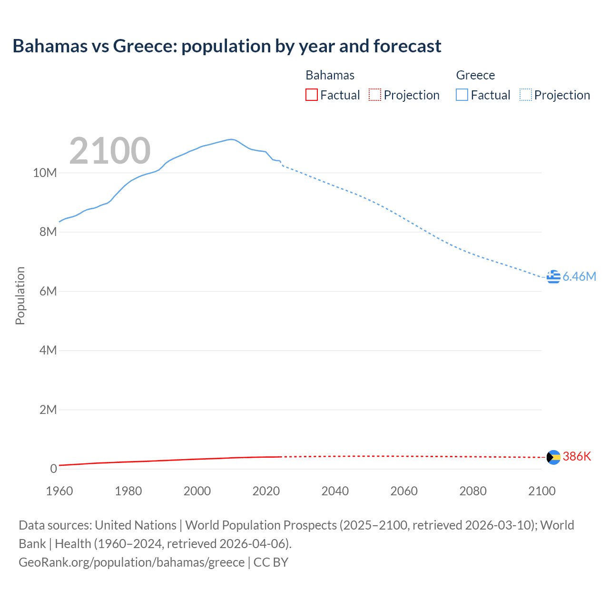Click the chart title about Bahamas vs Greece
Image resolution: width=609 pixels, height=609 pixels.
pyautogui.click(x=227, y=46)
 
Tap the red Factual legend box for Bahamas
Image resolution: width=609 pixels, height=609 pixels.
pyautogui.click(x=311, y=95)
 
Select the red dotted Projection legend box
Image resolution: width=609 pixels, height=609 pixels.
pyautogui.click(x=375, y=95)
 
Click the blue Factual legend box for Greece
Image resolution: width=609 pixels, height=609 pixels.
pyautogui.click(x=462, y=95)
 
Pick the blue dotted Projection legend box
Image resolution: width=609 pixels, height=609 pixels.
pyautogui.click(x=525, y=95)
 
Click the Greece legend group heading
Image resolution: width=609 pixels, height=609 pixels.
pyautogui.click(x=475, y=75)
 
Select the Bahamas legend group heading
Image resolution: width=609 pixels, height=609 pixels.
pyautogui.click(x=330, y=75)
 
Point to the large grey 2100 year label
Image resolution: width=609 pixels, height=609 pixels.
pyautogui.click(x=110, y=151)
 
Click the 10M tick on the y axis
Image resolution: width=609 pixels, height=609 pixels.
pyautogui.click(x=45, y=173)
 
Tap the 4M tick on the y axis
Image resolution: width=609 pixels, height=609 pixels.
pyautogui.click(x=48, y=350)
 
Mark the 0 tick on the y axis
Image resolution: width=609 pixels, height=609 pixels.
pyautogui.click(x=53, y=469)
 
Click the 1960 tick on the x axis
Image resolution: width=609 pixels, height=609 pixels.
pyautogui.click(x=59, y=491)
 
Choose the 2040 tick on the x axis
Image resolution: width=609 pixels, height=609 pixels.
pyautogui.click(x=335, y=491)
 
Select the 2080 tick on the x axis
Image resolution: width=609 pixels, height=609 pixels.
pyautogui.click(x=473, y=491)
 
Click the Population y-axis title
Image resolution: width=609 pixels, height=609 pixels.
pyautogui.click(x=20, y=295)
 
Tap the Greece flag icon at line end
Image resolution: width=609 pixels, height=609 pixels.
pyautogui.click(x=553, y=276)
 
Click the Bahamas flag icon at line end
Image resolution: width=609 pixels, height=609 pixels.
pyautogui.click(x=553, y=457)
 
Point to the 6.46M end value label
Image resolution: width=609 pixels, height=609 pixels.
pyautogui.click(x=579, y=276)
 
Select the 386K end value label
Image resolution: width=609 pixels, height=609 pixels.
pyautogui.click(x=577, y=456)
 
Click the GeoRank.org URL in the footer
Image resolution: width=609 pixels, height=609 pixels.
pyautogui.click(x=131, y=562)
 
